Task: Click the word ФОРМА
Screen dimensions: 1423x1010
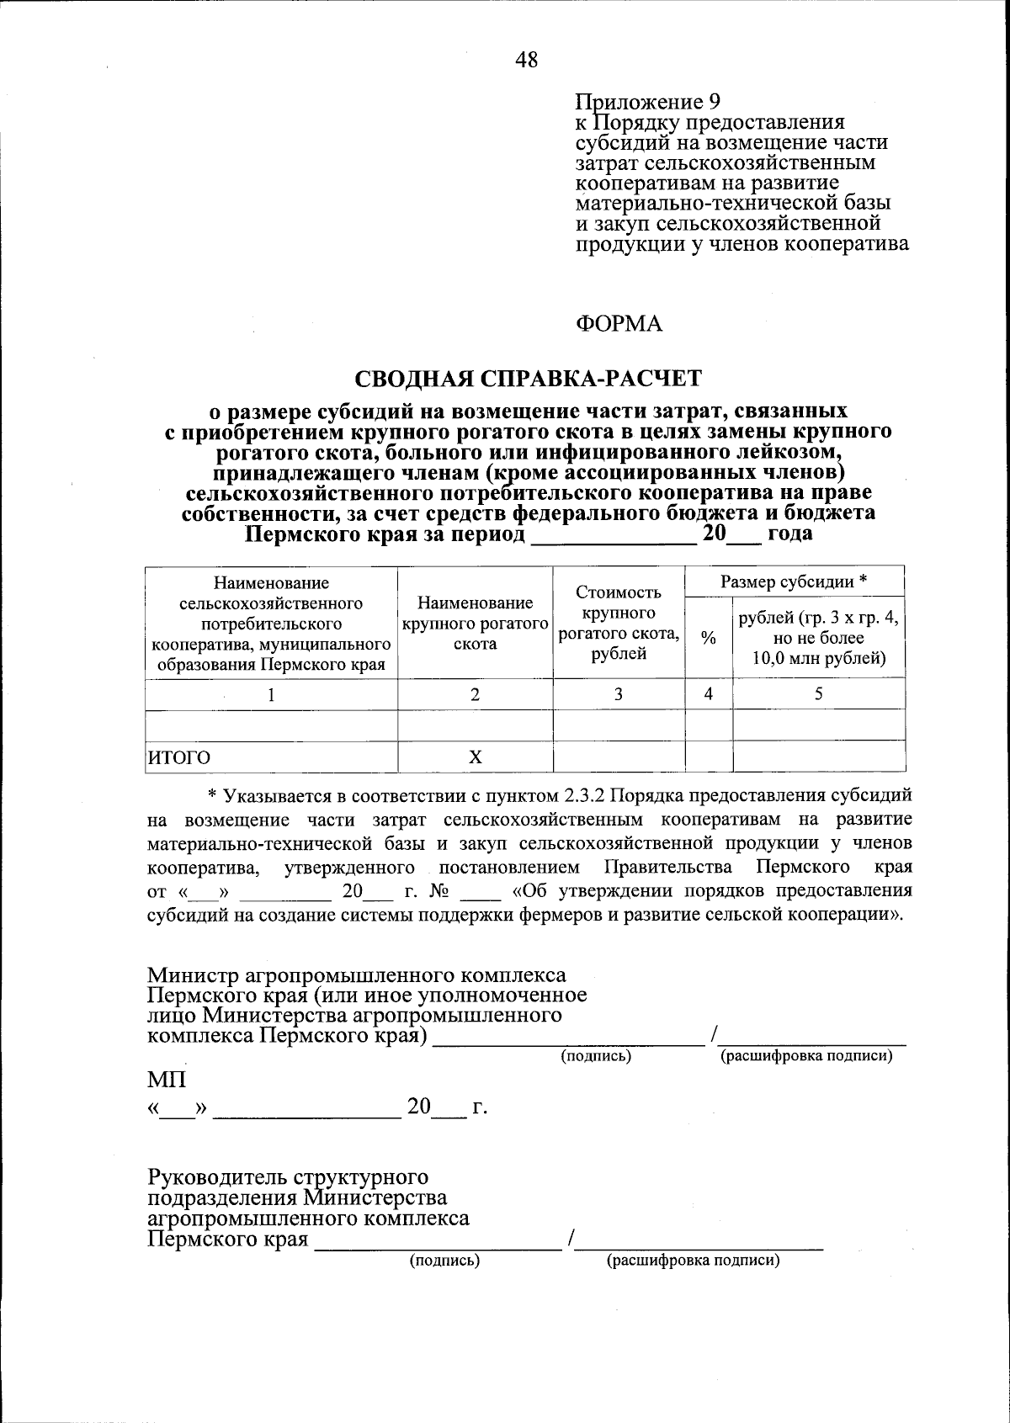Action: coord(619,324)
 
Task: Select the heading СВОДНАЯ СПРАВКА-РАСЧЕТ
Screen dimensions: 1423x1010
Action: coord(527,379)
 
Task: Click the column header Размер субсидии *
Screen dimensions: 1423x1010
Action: coord(795,581)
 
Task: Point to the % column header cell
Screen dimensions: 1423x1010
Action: coord(709,639)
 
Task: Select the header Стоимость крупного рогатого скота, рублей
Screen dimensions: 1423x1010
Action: coord(619,624)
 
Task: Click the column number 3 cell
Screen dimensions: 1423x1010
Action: coord(619,694)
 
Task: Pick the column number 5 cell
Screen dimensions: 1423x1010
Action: coord(818,694)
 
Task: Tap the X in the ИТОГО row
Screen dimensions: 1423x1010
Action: coord(475,757)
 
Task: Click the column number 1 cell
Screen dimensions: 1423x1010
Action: coord(271,695)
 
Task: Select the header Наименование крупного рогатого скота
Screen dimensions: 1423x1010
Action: coord(475,624)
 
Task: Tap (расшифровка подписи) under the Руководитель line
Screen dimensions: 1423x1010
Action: coord(693,1261)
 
